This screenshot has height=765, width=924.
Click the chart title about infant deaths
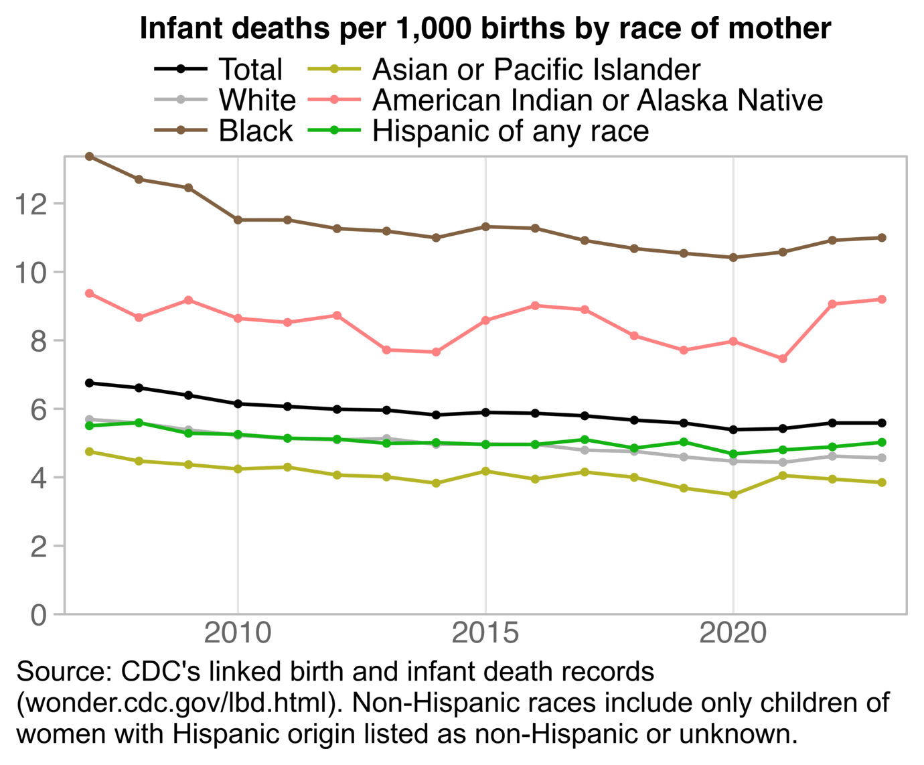point(485,29)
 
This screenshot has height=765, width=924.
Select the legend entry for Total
point(250,70)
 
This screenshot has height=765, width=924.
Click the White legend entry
point(257,100)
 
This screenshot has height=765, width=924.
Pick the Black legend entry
point(256,131)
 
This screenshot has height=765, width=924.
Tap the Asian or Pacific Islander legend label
point(536,70)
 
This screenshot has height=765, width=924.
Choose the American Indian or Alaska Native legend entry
point(597,100)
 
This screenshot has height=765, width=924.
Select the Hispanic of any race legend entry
point(510,131)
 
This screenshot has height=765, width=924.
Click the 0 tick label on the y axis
point(39,614)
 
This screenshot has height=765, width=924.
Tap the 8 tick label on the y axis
point(39,341)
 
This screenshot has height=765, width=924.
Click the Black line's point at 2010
point(238,220)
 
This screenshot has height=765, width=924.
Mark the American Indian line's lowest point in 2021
point(783,359)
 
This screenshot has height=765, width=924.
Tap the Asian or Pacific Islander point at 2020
point(733,495)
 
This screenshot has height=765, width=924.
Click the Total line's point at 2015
point(485,413)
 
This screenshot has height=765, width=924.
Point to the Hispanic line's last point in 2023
point(882,442)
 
